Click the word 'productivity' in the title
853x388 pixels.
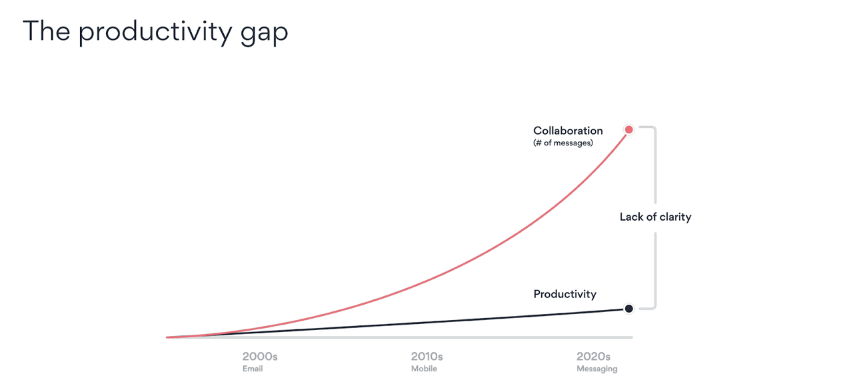(155, 32)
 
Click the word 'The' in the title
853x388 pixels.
(47, 30)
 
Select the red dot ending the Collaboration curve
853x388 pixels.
(628, 129)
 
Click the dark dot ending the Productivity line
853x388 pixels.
(628, 309)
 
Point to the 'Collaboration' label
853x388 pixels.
(568, 131)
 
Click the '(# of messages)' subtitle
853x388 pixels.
(563, 143)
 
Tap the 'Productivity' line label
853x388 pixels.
(564, 294)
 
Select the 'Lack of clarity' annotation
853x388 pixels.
(655, 217)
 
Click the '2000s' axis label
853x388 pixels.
(260, 357)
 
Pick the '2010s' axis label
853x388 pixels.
(426, 357)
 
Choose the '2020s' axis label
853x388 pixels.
(593, 357)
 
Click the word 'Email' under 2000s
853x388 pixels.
(253, 369)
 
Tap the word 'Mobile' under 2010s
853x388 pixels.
(424, 369)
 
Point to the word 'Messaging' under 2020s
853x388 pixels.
(596, 369)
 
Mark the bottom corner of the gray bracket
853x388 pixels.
(654, 307)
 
